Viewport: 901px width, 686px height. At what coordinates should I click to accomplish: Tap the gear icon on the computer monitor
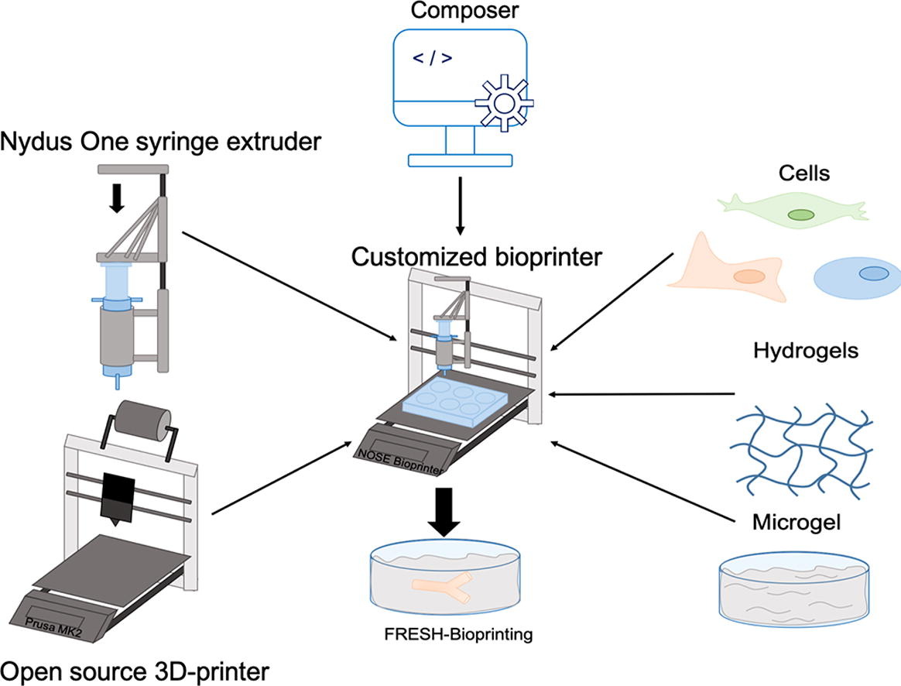505,105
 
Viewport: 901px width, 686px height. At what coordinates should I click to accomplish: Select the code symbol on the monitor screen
428,58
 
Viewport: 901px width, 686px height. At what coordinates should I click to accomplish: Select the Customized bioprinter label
476,256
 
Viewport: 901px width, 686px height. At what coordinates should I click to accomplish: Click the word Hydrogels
806,351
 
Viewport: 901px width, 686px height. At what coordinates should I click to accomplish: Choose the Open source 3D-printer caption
139,669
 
